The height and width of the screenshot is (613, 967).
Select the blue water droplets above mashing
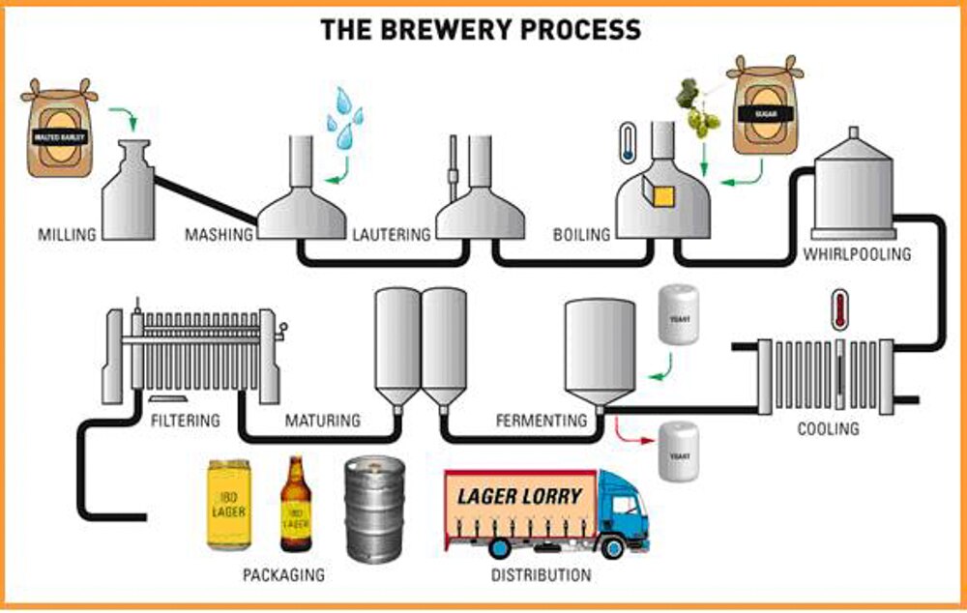coord(344,120)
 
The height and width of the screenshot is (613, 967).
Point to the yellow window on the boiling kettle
coord(663,197)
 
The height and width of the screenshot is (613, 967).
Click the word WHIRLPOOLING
coord(857,255)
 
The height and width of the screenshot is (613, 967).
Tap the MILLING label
coord(67,235)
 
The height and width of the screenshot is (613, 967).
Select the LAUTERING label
coord(392,235)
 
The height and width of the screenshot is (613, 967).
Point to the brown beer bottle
coord(295,505)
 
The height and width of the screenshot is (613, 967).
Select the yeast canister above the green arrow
coord(678,313)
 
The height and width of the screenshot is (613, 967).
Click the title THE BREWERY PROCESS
coord(481,29)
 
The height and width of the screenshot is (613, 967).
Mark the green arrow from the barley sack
coord(123,118)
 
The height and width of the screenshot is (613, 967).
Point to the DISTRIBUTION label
coord(541,575)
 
